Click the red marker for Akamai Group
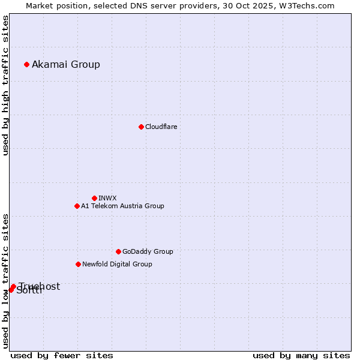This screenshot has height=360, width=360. (x=26, y=64)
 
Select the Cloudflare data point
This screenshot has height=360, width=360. (x=141, y=127)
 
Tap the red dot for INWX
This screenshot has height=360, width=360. (x=94, y=198)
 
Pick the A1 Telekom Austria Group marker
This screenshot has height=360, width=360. (x=77, y=206)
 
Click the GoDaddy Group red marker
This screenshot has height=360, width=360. (x=118, y=251)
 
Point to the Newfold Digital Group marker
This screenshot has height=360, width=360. (x=78, y=264)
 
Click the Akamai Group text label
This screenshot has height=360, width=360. (x=66, y=64)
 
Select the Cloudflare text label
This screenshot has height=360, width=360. (x=161, y=127)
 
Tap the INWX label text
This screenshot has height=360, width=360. (x=107, y=198)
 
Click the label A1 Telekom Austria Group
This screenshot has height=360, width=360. (x=122, y=206)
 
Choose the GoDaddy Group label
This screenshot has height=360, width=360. (x=148, y=251)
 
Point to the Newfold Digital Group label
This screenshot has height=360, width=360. (x=117, y=264)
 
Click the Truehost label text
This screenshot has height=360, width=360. (x=40, y=286)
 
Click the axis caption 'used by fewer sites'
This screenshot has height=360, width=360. (x=62, y=355)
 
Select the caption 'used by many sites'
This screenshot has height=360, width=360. (x=301, y=355)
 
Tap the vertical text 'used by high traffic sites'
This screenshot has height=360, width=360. (x=6, y=85)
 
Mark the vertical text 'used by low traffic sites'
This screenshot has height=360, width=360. (x=6, y=281)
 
